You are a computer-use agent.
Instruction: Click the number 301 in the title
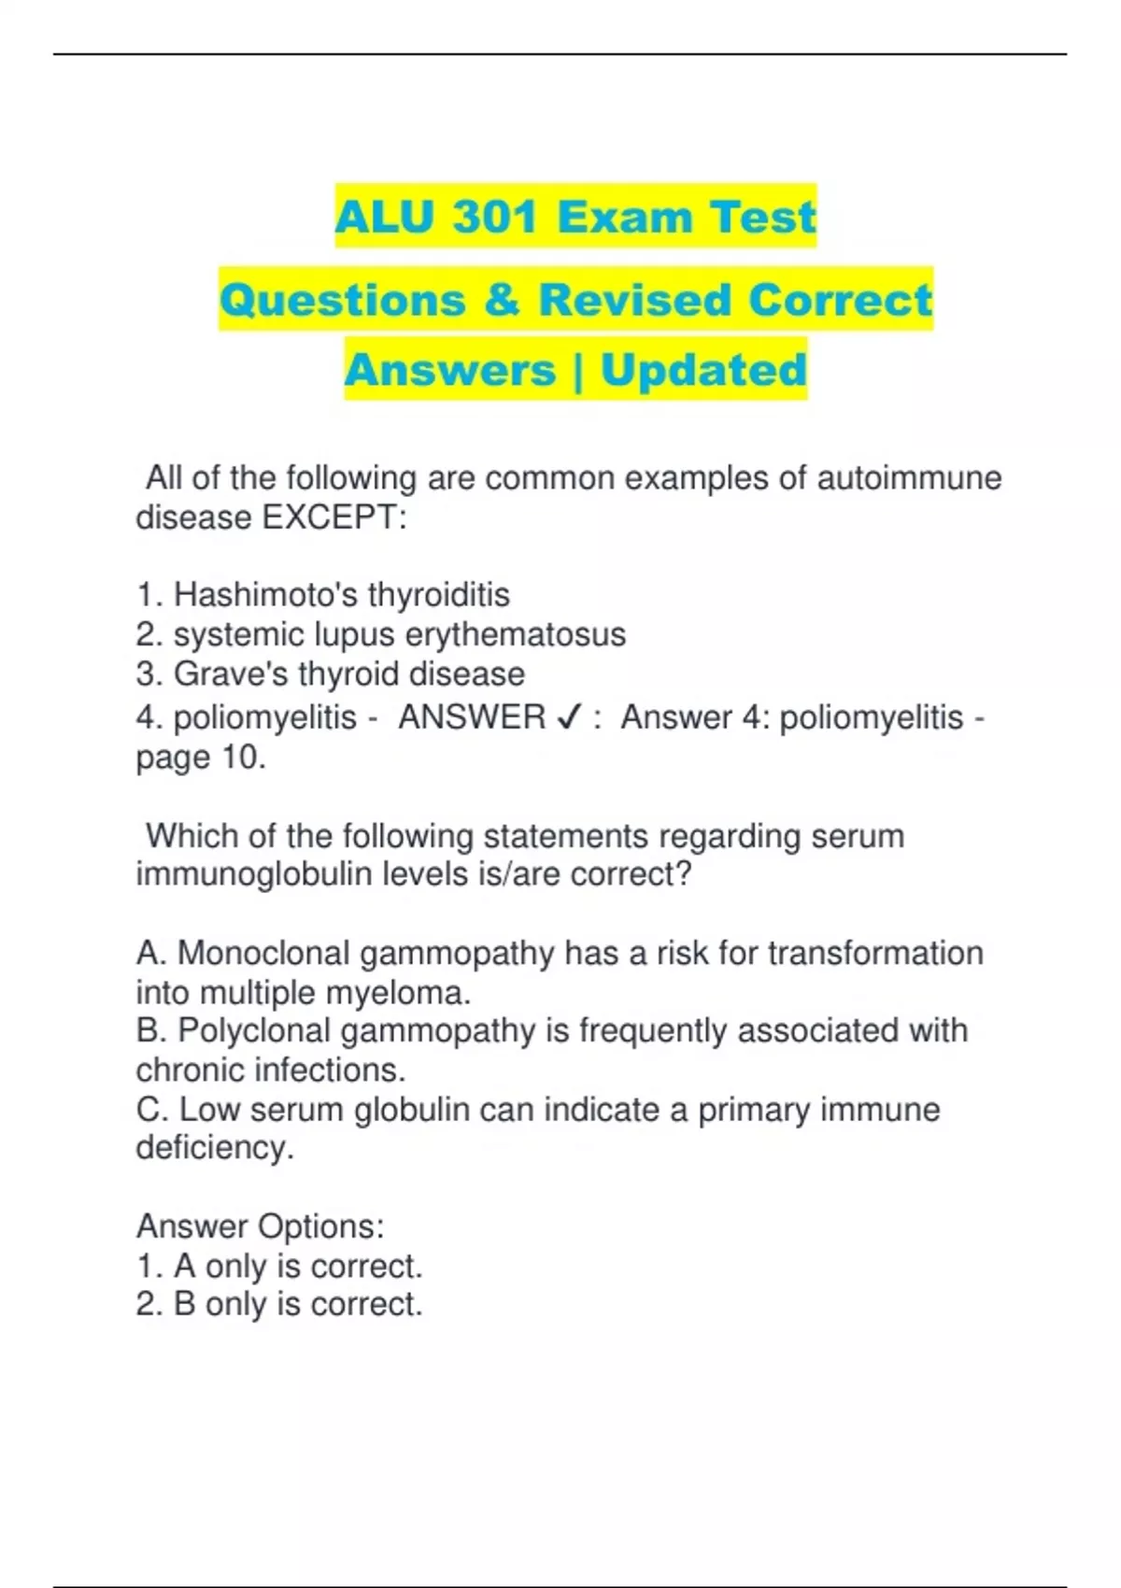tap(494, 217)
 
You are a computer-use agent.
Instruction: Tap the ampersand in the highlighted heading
tap(503, 300)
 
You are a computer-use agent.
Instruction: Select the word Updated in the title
tap(703, 370)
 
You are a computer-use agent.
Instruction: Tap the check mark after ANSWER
tap(569, 717)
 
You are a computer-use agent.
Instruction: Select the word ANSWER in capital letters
tap(472, 717)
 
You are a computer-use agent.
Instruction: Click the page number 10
tap(244, 757)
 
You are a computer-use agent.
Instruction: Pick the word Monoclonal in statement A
tap(263, 953)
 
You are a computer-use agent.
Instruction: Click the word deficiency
tap(215, 1147)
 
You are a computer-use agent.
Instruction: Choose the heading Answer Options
tap(260, 1226)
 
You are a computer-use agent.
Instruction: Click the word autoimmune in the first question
tap(909, 477)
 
